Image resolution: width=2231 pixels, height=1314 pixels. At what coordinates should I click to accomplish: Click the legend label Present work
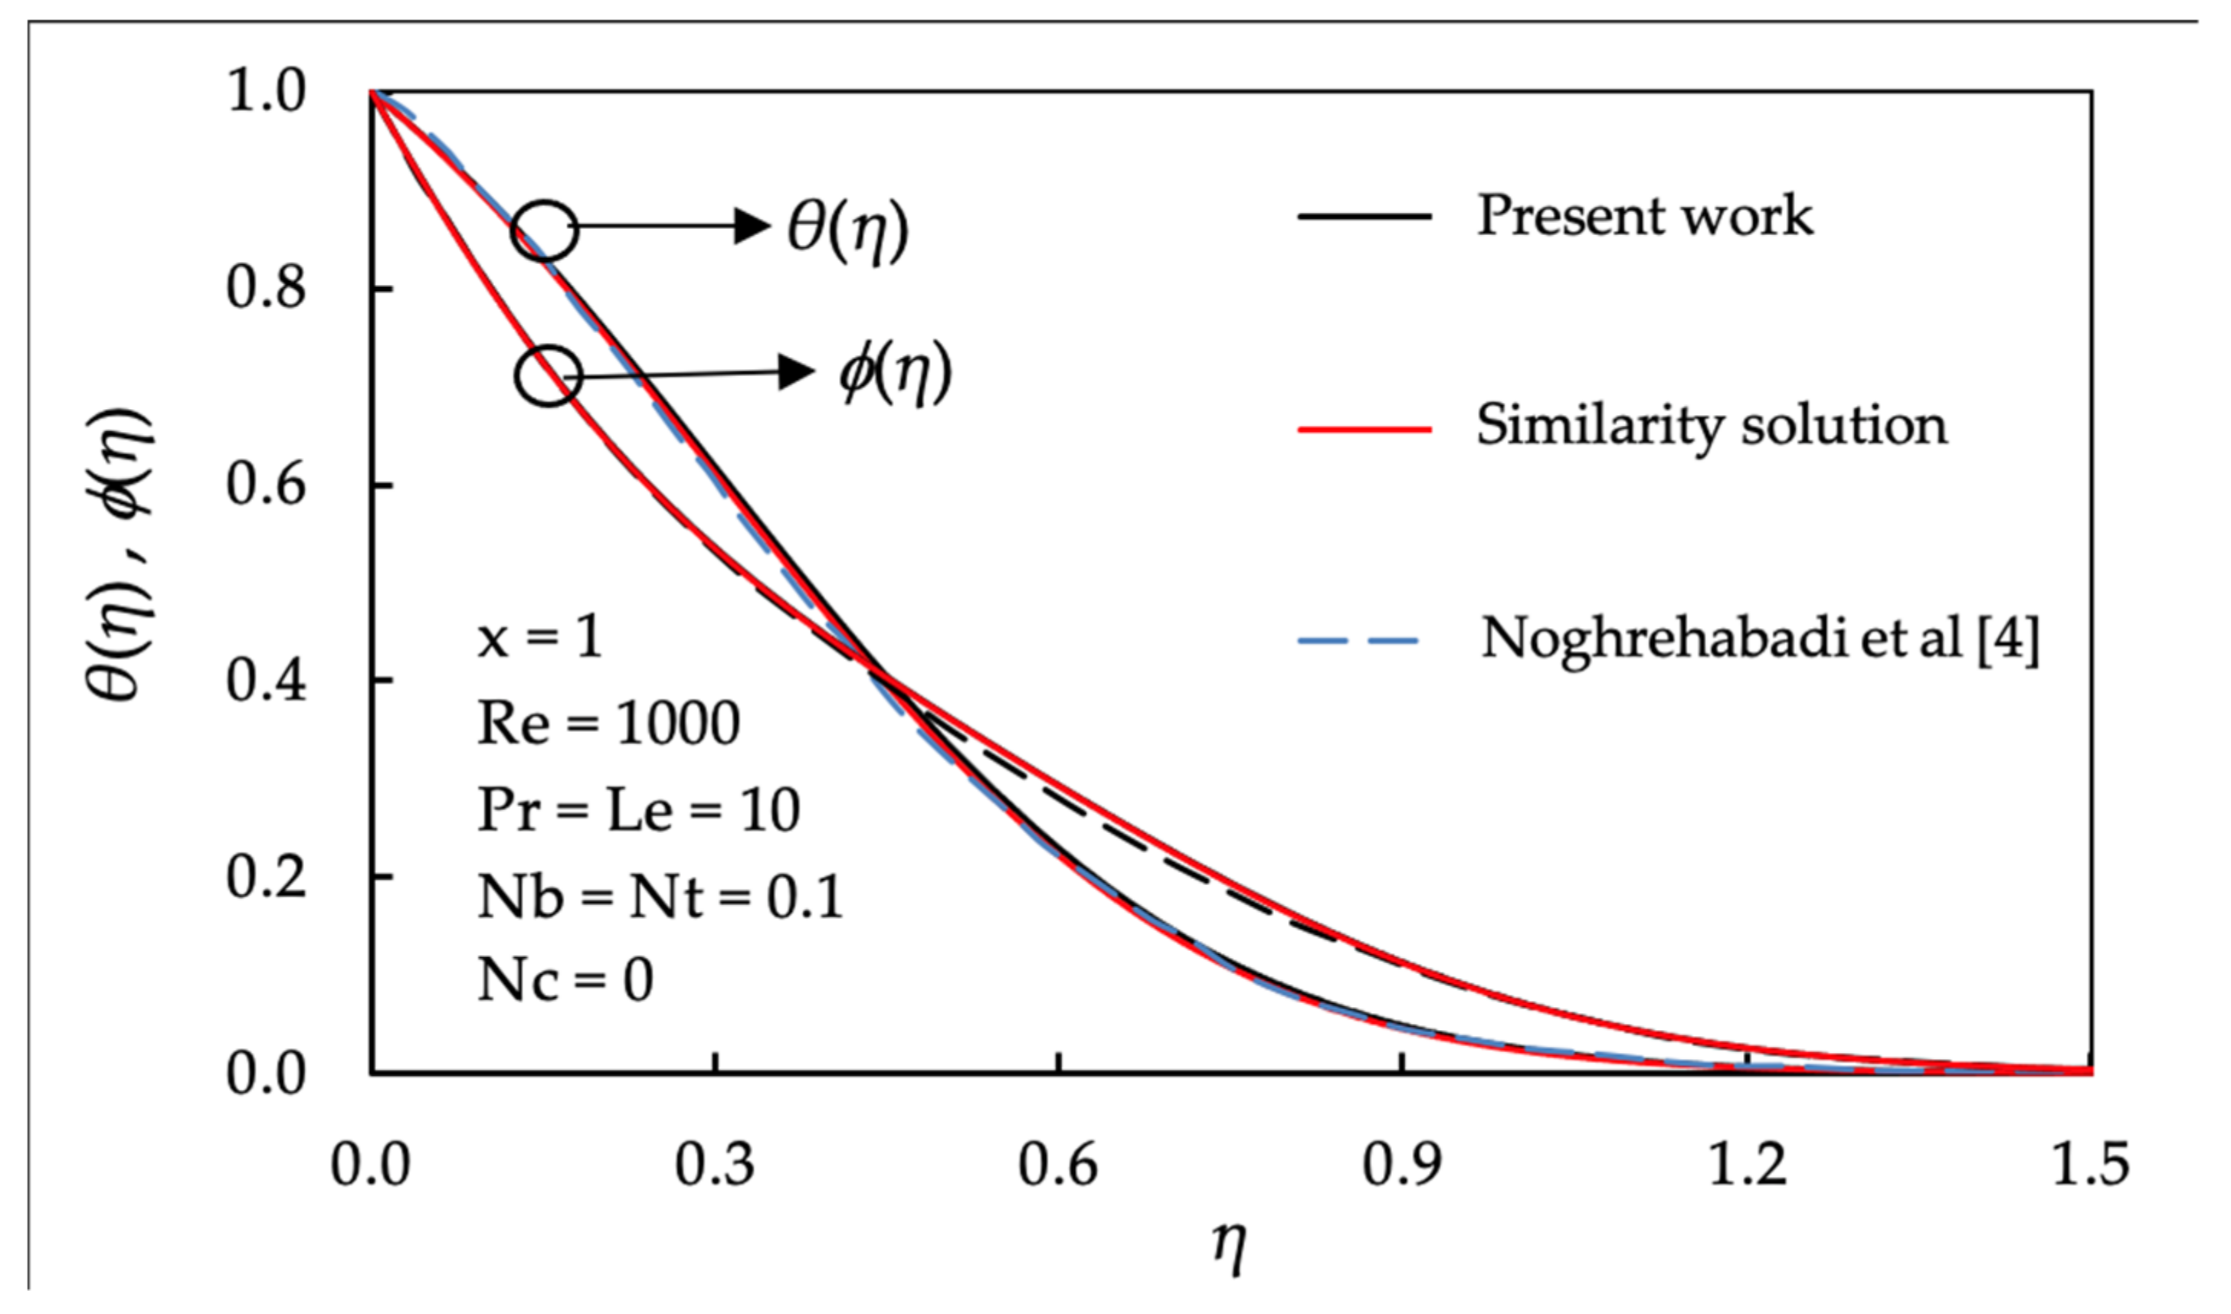coord(1644,215)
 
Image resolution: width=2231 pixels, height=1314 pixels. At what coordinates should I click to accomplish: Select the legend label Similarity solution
coord(1710,426)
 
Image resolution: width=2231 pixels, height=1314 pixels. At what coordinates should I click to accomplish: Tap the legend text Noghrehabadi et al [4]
coord(1759,639)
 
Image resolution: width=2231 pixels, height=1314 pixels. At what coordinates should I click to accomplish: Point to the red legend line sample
coord(1364,430)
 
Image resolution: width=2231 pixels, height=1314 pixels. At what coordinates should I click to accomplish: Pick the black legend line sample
coord(1364,217)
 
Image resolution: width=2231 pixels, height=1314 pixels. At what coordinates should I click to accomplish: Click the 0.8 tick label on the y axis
coord(266,289)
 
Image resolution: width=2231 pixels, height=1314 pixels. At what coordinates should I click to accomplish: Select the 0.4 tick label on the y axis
coord(266,682)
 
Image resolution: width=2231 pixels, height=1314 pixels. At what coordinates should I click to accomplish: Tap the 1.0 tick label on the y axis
coord(266,92)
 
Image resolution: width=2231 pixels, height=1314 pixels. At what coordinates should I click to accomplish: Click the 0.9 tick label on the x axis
coord(1401,1165)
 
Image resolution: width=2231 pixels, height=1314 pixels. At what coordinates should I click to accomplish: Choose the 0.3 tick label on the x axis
coord(714,1165)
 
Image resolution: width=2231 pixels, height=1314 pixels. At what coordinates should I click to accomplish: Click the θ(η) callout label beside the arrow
coord(847,230)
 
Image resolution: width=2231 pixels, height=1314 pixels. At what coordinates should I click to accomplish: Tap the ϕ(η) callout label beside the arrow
coord(895,372)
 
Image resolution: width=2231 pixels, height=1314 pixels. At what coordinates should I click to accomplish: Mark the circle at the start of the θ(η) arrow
coord(545,230)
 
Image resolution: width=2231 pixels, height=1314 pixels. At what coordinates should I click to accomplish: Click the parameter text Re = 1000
coord(608,724)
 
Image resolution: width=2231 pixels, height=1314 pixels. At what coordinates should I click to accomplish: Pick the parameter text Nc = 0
coord(565,981)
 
